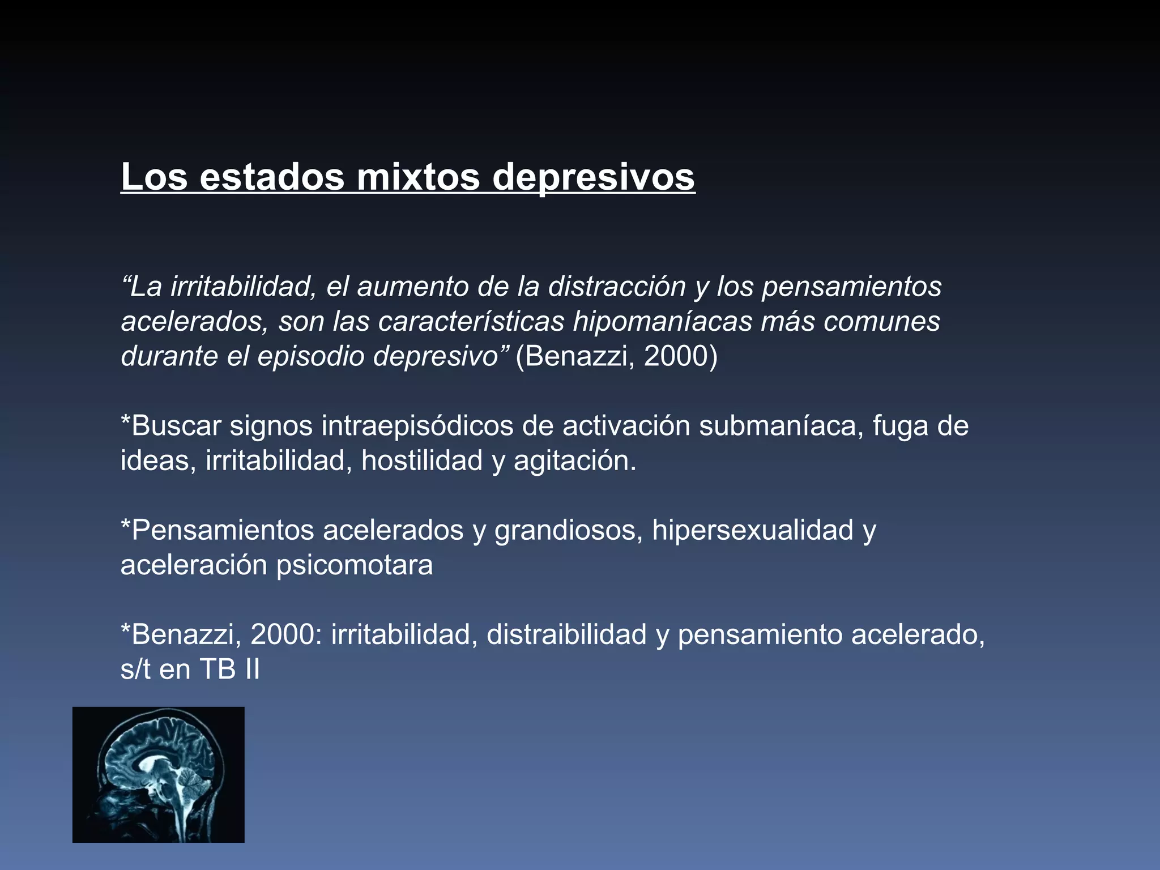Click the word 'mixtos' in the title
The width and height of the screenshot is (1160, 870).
pyautogui.click(x=419, y=177)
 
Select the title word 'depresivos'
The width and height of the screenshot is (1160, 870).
pyautogui.click(x=593, y=178)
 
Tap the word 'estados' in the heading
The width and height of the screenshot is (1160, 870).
pyautogui.click(x=272, y=177)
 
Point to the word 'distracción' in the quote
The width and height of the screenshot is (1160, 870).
pyautogui.click(x=617, y=286)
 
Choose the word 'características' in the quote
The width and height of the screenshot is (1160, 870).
pyautogui.click(x=471, y=321)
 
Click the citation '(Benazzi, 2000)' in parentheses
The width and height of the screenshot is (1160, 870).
pyautogui.click(x=616, y=356)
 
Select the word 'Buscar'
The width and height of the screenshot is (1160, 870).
pyautogui.click(x=175, y=425)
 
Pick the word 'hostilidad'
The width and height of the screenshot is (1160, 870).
pyautogui.click(x=422, y=460)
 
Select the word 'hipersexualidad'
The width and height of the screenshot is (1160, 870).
pyautogui.click(x=753, y=531)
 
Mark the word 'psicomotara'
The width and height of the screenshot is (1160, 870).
pyautogui.click(x=355, y=566)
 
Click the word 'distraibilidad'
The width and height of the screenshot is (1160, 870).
pyautogui.click(x=566, y=634)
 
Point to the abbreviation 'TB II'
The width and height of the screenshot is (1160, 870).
pyautogui.click(x=229, y=669)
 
